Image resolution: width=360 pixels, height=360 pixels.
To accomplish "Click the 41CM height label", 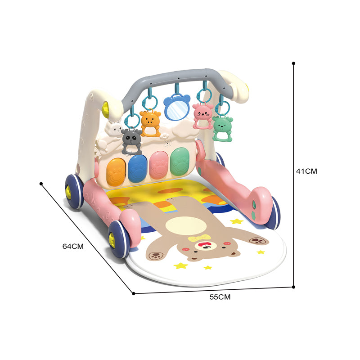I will point(306,171).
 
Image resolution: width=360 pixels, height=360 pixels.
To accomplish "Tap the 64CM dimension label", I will point(73,246).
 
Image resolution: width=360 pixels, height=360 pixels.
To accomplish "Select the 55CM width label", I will point(220,297).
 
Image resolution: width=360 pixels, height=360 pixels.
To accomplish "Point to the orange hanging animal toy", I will point(150,124).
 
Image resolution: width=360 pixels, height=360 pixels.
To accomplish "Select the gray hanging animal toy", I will point(131,142).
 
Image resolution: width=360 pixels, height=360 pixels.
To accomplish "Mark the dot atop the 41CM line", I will point(293,63).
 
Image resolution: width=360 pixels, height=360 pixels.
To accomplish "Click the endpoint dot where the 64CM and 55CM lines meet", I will point(134,293).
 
